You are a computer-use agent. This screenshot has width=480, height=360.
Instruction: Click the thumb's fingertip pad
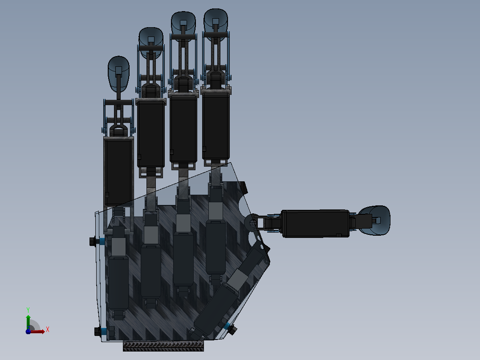375,220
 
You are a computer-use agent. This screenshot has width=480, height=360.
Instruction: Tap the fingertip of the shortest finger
118,74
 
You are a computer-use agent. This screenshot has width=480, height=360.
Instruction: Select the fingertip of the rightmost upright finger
216,21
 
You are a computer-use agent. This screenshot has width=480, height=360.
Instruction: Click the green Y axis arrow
28,322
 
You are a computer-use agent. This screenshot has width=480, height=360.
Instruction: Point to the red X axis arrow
37,331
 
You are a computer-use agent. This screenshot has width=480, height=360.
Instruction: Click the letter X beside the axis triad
48,330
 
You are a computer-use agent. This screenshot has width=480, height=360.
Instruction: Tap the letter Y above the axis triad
28,310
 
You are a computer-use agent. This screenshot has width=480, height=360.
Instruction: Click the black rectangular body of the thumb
315,224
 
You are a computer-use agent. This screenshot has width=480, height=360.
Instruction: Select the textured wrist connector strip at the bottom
163,346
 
